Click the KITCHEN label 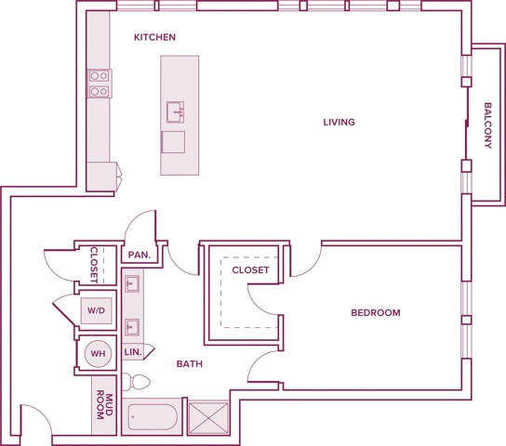pos(154,38)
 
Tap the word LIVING pos(339,123)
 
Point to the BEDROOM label pos(375,313)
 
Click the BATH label pos(190,364)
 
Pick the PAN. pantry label pos(140,255)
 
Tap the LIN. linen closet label pos(132,353)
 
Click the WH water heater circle pos(97,353)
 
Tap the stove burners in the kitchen pos(99,84)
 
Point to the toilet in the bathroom pos(139,381)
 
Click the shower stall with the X pos(208,417)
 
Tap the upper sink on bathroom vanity pos(132,282)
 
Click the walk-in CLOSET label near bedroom pos(250,270)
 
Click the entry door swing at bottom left pos(34,420)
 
